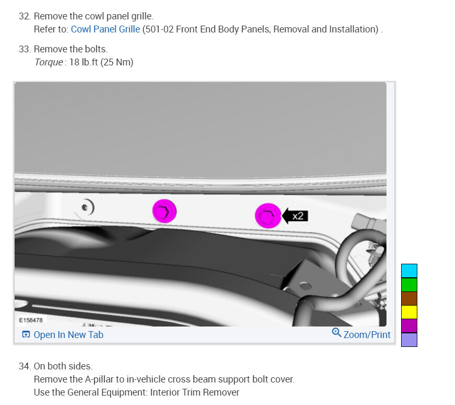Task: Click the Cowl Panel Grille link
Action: pos(105,29)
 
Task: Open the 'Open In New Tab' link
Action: pos(63,335)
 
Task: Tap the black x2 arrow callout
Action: pos(295,216)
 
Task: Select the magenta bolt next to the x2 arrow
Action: pos(268,216)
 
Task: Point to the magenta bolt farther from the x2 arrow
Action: pos(164,211)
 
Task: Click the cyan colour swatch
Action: pos(409,271)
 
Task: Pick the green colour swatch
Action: pos(409,285)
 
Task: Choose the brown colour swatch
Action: pos(409,298)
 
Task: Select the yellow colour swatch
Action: pos(409,312)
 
